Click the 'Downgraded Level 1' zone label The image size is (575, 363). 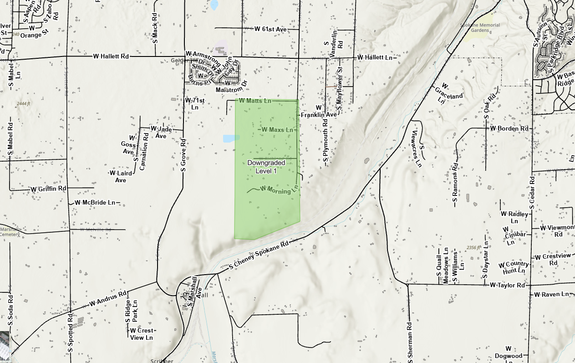click(x=266, y=167)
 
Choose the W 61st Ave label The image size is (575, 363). click(x=270, y=29)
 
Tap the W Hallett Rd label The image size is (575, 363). click(x=111, y=56)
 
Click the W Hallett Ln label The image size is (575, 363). click(x=375, y=58)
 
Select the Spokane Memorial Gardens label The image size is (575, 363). click(x=480, y=28)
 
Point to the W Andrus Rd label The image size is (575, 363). click(x=108, y=299)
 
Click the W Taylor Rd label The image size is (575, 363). click(x=508, y=285)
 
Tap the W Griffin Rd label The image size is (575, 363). click(x=49, y=189)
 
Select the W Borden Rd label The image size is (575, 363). click(x=509, y=128)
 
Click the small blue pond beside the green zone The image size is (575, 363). click(x=230, y=138)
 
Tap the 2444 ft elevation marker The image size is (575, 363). click(x=23, y=104)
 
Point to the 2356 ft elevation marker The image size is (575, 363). click(x=473, y=247)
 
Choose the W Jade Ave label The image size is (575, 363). click(x=161, y=132)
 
